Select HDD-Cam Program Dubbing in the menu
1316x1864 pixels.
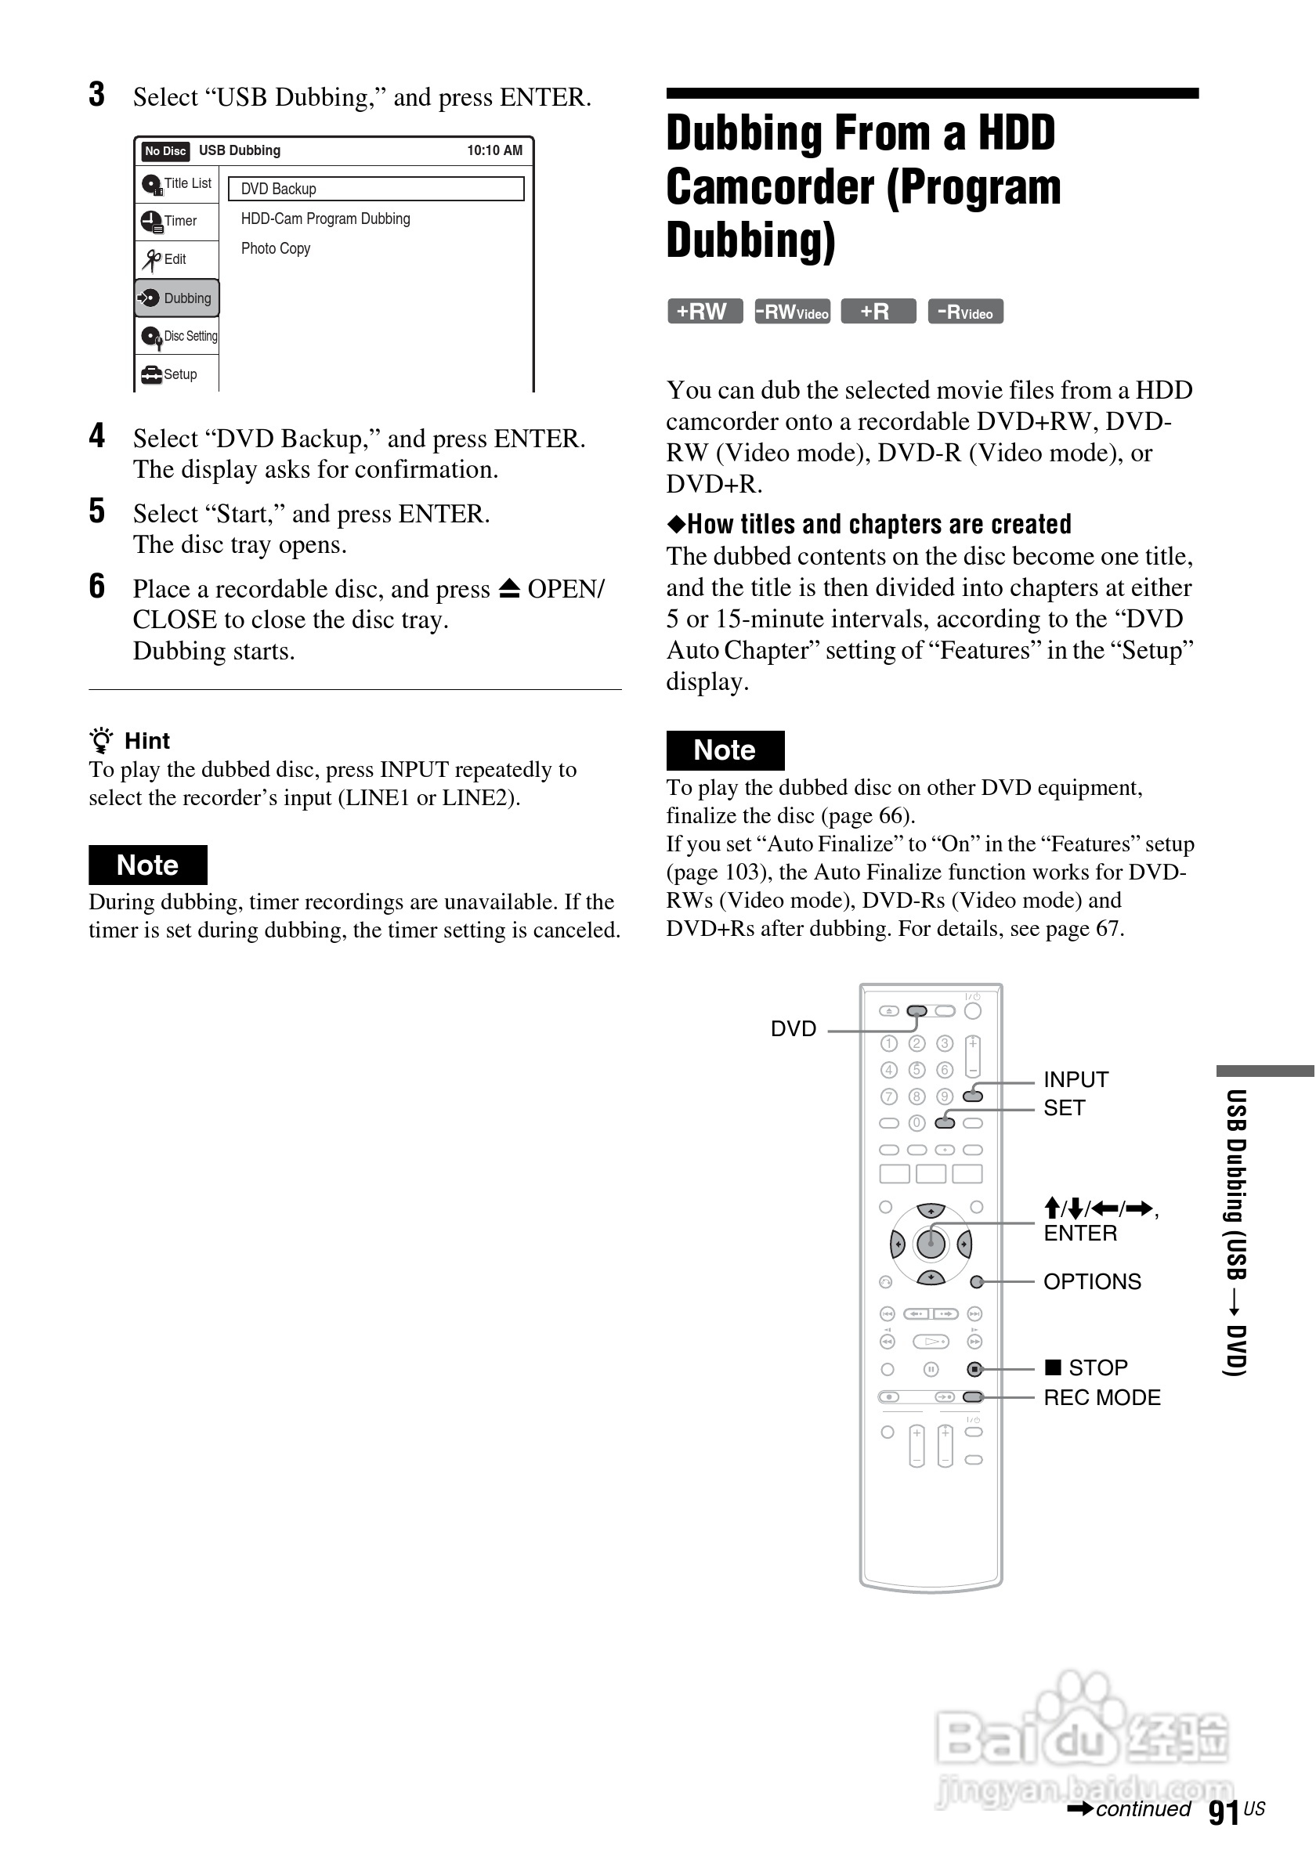[x=326, y=219]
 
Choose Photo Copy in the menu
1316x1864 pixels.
[x=275, y=248]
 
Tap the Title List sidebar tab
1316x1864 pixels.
[x=177, y=184]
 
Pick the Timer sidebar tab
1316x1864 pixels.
[x=177, y=221]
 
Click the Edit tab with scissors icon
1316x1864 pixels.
[x=177, y=260]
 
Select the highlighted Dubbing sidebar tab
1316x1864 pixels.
[x=177, y=298]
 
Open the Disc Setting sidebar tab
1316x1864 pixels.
[x=177, y=336]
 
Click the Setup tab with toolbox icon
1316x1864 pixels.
[x=177, y=374]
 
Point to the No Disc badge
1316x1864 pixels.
[x=164, y=151]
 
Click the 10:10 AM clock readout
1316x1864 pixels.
[x=494, y=151]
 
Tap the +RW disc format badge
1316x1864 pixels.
[x=704, y=312]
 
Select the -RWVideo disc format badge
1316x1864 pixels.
[x=791, y=312]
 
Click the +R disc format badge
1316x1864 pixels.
[x=877, y=312]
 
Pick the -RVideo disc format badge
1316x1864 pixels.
[x=965, y=312]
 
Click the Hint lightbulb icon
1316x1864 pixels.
[x=102, y=740]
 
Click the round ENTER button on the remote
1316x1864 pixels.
[x=931, y=1244]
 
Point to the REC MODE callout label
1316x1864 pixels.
[x=1101, y=1397]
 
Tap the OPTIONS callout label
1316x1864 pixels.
[x=1092, y=1281]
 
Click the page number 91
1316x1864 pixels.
[x=1224, y=1813]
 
